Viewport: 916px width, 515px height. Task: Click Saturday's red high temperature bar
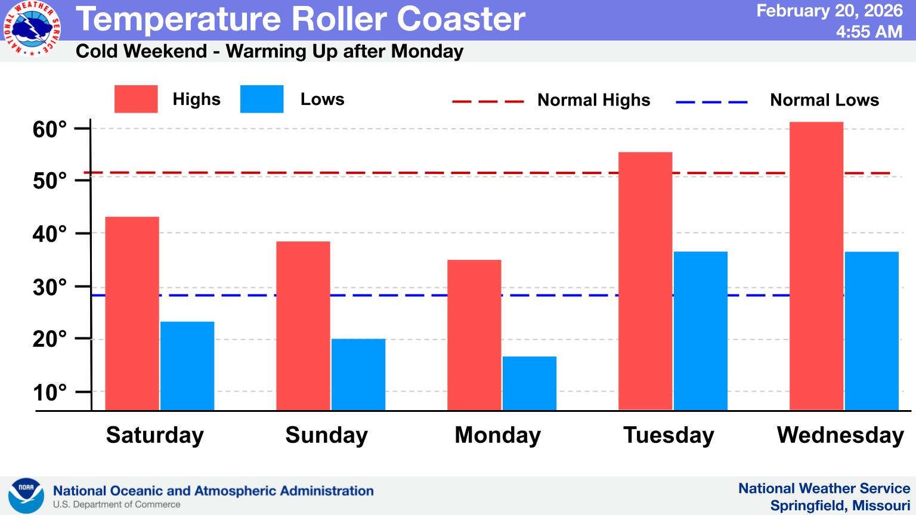coord(132,313)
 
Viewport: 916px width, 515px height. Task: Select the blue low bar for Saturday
coord(187,365)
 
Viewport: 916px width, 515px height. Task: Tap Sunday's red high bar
coord(303,325)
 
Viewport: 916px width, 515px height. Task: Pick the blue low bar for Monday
coord(530,383)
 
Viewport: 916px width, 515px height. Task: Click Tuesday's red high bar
coord(645,281)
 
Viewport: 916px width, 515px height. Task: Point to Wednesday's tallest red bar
coord(816,266)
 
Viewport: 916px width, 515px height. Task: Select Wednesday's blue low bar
coord(871,331)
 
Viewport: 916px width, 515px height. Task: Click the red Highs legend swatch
coord(136,99)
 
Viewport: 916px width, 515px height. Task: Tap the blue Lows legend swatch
coord(262,99)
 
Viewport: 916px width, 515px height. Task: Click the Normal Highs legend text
coord(593,100)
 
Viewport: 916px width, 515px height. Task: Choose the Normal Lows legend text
coord(824,100)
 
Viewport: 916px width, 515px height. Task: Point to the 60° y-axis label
coord(49,129)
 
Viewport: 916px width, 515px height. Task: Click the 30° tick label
coord(49,287)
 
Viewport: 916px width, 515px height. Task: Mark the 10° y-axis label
coord(49,393)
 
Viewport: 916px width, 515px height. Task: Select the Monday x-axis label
coord(497,435)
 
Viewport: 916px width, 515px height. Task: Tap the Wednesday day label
coord(840,435)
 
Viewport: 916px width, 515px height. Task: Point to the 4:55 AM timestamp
coord(869,32)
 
